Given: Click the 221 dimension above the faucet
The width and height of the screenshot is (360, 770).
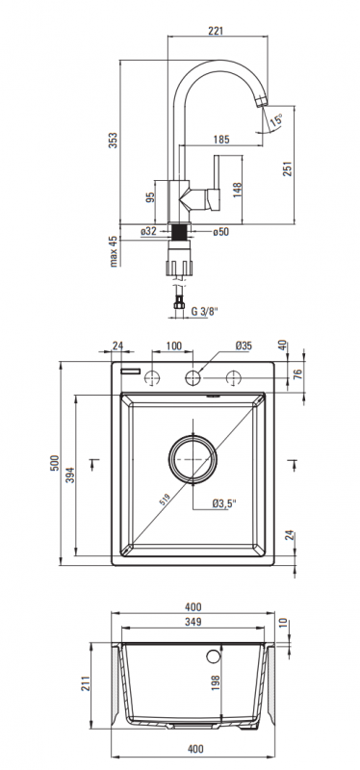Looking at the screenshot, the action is click(216, 31).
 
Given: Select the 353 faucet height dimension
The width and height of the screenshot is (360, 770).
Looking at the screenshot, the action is click(113, 141).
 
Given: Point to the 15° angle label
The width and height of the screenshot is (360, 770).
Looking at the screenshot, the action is click(277, 118).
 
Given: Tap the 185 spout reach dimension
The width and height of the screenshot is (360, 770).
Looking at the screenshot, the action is click(221, 140).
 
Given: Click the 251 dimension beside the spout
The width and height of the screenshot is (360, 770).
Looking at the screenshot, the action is click(288, 168).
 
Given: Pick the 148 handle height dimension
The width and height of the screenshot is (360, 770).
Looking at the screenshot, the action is click(237, 190).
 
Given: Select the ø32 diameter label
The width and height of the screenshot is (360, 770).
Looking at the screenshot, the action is click(148, 231).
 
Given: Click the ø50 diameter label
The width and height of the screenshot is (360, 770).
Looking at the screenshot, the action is click(221, 232).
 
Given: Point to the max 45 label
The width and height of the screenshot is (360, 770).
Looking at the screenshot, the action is click(114, 251).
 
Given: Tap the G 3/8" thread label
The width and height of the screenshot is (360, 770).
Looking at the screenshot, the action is click(204, 311).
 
